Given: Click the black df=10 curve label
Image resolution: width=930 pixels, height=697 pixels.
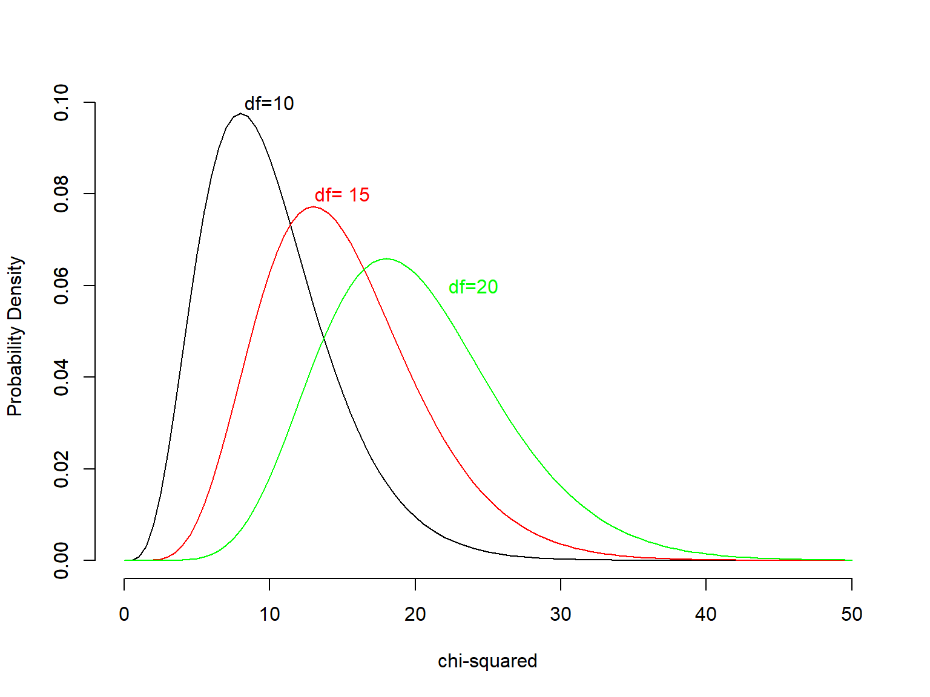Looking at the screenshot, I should [269, 103].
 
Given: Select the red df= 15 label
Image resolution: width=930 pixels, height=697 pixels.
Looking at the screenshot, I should [341, 195].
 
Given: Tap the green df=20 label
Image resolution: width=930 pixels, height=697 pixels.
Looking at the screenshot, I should [473, 287].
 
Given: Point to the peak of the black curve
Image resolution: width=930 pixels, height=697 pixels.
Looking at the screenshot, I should [241, 113].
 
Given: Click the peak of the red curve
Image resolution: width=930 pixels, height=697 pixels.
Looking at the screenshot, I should [313, 207].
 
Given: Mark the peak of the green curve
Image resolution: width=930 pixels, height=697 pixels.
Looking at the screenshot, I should [386, 259].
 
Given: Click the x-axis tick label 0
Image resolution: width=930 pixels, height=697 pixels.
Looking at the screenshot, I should [124, 614].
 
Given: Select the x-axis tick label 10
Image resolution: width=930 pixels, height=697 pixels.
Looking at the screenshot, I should [269, 614].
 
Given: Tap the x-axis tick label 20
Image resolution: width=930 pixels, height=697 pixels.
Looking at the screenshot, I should [415, 614].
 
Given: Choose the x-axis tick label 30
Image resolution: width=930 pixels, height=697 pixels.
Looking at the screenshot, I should [561, 614].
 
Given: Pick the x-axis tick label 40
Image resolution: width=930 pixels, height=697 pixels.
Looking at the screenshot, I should [706, 614].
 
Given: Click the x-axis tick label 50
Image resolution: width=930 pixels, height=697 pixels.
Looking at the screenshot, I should [851, 614].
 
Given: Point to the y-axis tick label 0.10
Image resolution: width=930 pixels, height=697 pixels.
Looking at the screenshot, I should [61, 103].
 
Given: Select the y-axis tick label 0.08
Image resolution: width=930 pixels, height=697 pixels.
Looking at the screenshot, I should [61, 194].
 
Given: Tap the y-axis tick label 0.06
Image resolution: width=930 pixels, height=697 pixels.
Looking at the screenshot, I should [61, 286].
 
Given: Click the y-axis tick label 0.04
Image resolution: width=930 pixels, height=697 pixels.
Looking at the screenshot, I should [61, 377].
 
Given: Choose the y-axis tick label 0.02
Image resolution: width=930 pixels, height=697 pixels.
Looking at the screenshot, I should [61, 469].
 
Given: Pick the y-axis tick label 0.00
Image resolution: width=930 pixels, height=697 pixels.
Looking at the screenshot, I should [61, 560].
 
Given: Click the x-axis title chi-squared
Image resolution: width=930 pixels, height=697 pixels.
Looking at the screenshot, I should [487, 661].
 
